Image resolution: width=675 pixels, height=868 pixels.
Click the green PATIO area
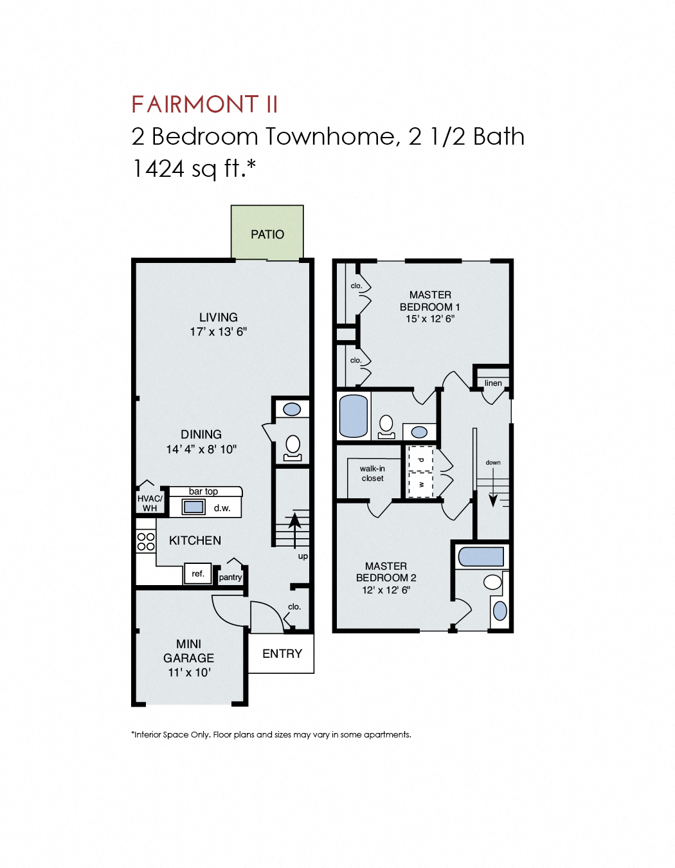pos(267,233)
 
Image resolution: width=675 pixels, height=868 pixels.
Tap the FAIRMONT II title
pos(204,104)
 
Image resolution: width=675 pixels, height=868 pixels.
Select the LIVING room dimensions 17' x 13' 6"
pos(218,332)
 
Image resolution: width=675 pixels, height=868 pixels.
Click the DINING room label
pos(201,435)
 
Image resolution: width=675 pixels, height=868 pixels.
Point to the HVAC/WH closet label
pos(150,503)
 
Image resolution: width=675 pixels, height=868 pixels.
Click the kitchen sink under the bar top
pos(194,507)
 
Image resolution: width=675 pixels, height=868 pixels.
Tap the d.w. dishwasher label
pos(222,508)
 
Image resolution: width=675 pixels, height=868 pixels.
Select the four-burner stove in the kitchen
pos(146,541)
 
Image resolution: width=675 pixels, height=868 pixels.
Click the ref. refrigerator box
pos(198,574)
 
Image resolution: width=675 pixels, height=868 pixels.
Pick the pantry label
pos(230,577)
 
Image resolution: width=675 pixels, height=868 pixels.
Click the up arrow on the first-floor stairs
pos(294,527)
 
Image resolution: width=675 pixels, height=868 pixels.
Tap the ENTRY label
pos(282,653)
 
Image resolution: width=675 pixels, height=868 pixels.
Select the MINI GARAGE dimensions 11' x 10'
pos(189,673)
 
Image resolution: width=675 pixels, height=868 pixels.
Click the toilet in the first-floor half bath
pos(292,446)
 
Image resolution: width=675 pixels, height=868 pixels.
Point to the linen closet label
pos(493,383)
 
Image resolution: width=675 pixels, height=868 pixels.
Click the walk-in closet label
pos(372,473)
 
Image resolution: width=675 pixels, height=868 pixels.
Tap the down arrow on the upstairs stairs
pos(493,492)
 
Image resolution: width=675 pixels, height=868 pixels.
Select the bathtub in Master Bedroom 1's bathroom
pos(353,416)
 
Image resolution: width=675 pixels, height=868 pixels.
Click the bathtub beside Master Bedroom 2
pos(481,557)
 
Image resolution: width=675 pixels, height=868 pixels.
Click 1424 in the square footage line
pos(158,168)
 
